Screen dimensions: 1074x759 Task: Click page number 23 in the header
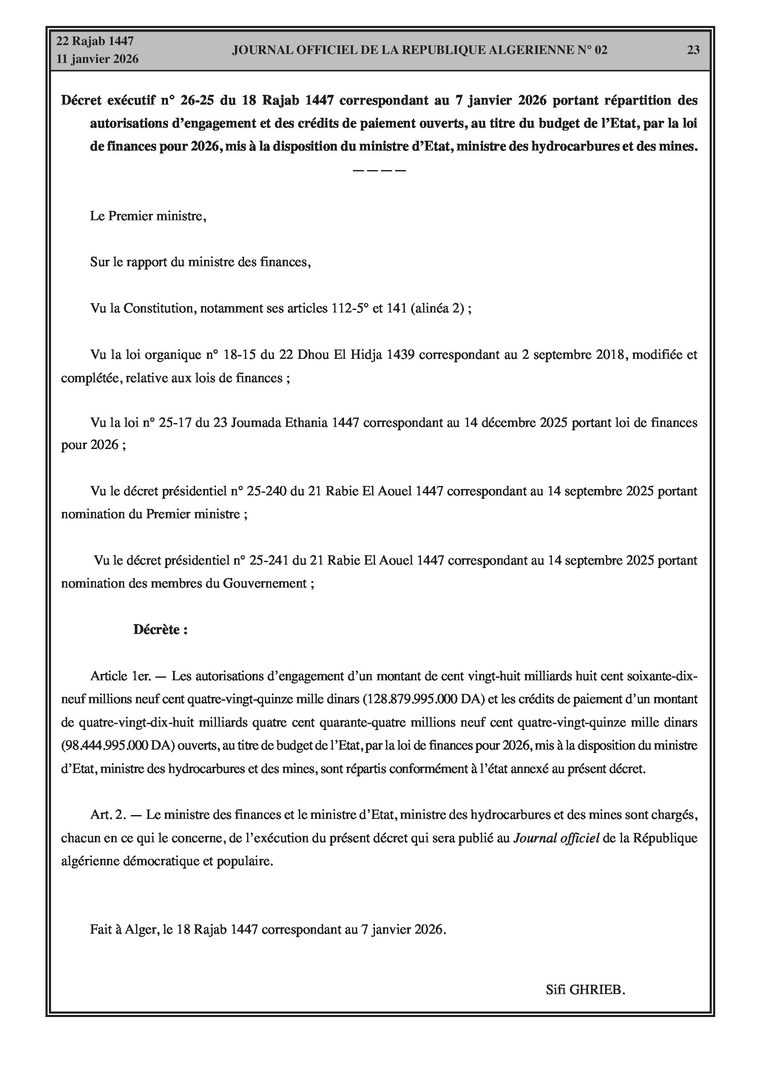pos(693,50)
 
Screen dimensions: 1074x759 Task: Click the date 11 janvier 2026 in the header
pos(97,60)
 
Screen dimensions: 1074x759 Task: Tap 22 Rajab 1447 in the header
pos(95,41)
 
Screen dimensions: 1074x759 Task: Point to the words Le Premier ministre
pos(148,216)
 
